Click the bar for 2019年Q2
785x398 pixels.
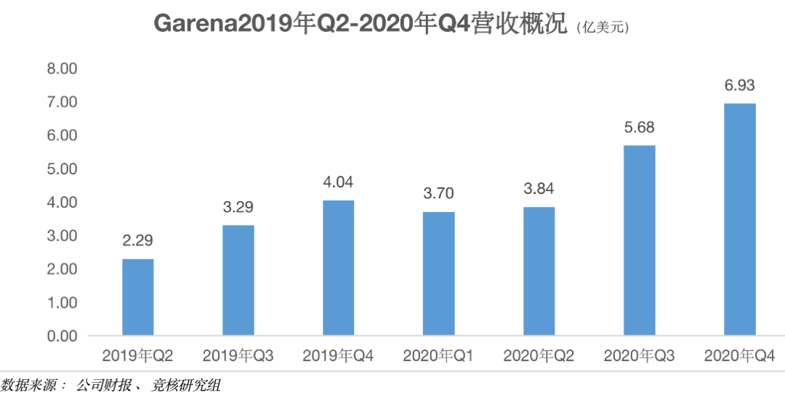coord(137,297)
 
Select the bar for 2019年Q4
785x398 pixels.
coord(338,268)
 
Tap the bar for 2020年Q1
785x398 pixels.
coord(438,274)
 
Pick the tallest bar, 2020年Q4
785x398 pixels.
coord(740,219)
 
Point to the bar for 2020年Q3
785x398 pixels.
coord(640,240)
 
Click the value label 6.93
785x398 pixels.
coord(740,86)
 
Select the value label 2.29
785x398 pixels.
coord(137,241)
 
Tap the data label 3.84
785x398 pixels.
coord(539,189)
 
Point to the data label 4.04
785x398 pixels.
coord(338,182)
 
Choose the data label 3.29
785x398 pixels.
coord(238,208)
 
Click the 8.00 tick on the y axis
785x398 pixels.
coord(62,69)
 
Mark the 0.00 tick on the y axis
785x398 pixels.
coord(62,336)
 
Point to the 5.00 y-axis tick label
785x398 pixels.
coord(62,169)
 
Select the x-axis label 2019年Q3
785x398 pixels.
coord(238,356)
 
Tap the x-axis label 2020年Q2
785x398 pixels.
coord(539,356)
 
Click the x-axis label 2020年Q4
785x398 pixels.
coord(740,356)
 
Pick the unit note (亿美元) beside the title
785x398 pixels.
coord(603,28)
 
